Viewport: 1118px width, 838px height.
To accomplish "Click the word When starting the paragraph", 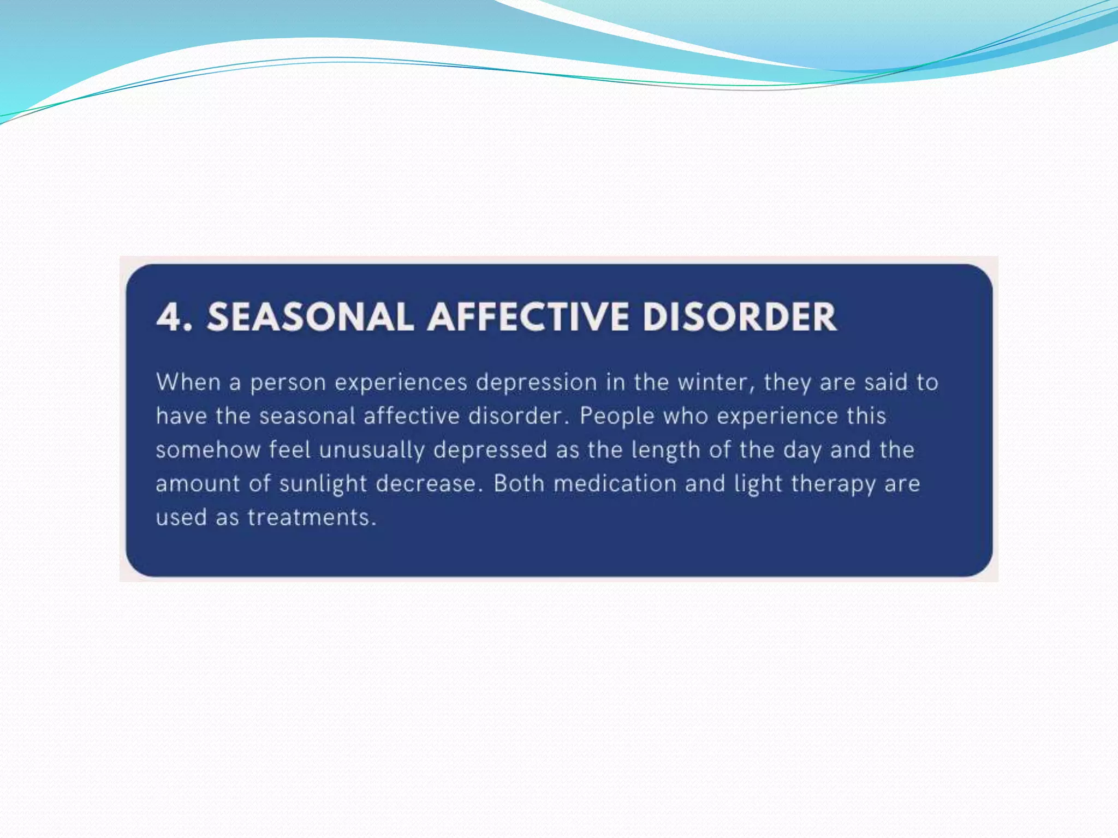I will coord(188,382).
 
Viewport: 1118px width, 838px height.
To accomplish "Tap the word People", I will coord(617,416).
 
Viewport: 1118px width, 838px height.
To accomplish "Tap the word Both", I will coord(519,483).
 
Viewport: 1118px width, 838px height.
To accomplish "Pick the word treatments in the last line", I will coord(312,517).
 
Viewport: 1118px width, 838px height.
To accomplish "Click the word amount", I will coord(198,484).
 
